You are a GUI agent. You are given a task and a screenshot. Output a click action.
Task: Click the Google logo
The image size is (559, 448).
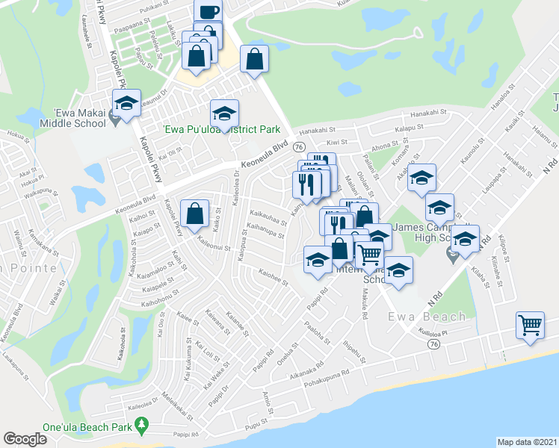(x=25, y=439)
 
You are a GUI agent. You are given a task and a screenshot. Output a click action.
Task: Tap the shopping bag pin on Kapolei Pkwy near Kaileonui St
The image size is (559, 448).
(x=194, y=214)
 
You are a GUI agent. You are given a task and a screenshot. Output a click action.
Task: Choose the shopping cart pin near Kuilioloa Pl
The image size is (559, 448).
(x=530, y=325)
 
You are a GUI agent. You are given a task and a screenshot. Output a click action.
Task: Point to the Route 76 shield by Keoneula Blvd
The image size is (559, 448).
(x=298, y=146)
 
